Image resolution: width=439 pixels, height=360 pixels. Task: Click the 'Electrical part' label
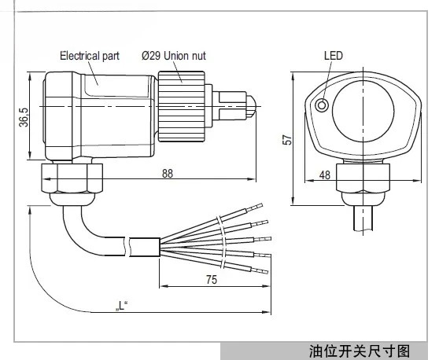point(90,56)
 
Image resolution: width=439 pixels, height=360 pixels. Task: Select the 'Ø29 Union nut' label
point(174,56)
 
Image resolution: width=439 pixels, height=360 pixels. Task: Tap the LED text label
point(334,55)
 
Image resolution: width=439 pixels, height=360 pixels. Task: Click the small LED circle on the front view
point(322,105)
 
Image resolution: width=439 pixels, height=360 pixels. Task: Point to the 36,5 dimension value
point(24,117)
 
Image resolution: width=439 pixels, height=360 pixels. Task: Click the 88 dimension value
point(168,174)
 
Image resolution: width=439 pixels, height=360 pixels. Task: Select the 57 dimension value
point(287,140)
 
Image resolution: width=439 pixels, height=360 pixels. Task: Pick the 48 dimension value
point(325,175)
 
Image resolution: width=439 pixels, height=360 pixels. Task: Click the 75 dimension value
point(212,280)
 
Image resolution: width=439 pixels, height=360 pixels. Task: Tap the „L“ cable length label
point(121,306)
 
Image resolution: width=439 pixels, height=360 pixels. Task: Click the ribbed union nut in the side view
point(182,106)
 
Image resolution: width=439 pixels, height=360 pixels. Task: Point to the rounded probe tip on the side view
point(251,106)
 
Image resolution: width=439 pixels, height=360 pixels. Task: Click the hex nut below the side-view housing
point(72,178)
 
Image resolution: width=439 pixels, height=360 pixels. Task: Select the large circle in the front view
point(363,110)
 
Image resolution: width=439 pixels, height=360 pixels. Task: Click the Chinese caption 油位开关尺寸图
point(360,351)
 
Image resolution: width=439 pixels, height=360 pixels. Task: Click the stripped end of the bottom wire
point(260,270)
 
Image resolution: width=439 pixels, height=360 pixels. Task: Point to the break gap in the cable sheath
point(128,247)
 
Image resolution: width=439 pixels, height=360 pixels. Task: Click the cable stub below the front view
point(363,219)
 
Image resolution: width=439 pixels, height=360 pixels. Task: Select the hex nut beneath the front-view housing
point(363,178)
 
